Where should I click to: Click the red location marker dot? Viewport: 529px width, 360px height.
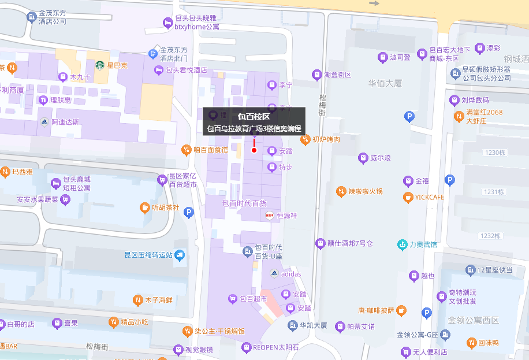(x=254, y=150)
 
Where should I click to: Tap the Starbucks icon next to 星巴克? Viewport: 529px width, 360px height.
(x=100, y=65)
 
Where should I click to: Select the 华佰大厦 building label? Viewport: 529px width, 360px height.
(x=385, y=83)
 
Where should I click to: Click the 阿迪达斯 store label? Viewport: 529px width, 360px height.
(x=65, y=122)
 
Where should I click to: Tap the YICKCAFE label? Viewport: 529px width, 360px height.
(x=429, y=197)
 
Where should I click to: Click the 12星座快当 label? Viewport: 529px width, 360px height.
(x=495, y=270)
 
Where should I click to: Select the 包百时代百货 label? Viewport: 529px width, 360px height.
(x=244, y=203)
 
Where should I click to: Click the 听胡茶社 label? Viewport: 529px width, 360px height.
(x=165, y=207)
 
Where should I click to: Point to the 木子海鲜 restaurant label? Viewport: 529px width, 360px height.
(x=159, y=300)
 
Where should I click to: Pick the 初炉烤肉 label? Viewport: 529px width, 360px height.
(x=326, y=139)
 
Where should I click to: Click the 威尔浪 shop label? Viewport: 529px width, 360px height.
(x=381, y=158)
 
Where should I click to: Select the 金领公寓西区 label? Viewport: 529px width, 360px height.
(x=473, y=320)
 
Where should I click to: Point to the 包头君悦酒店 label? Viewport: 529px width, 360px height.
(x=186, y=70)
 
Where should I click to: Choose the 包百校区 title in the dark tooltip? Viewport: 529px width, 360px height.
(x=254, y=117)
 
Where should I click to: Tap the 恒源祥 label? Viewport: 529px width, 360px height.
(x=286, y=216)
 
